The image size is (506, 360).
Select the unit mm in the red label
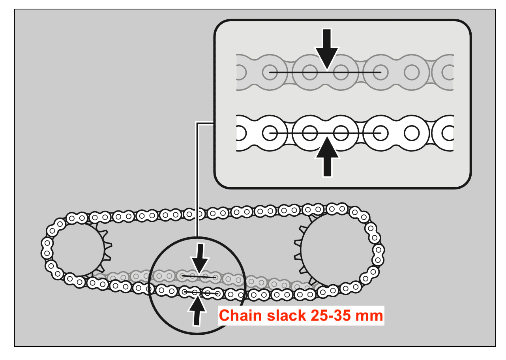point(370,316)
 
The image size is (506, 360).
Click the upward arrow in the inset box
point(327,156)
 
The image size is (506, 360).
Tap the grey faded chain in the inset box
point(410,73)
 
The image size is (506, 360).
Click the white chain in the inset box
point(410,133)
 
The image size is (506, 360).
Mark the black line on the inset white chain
point(284,133)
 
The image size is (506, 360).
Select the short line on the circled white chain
point(201,292)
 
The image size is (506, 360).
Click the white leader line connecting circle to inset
point(197,178)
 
